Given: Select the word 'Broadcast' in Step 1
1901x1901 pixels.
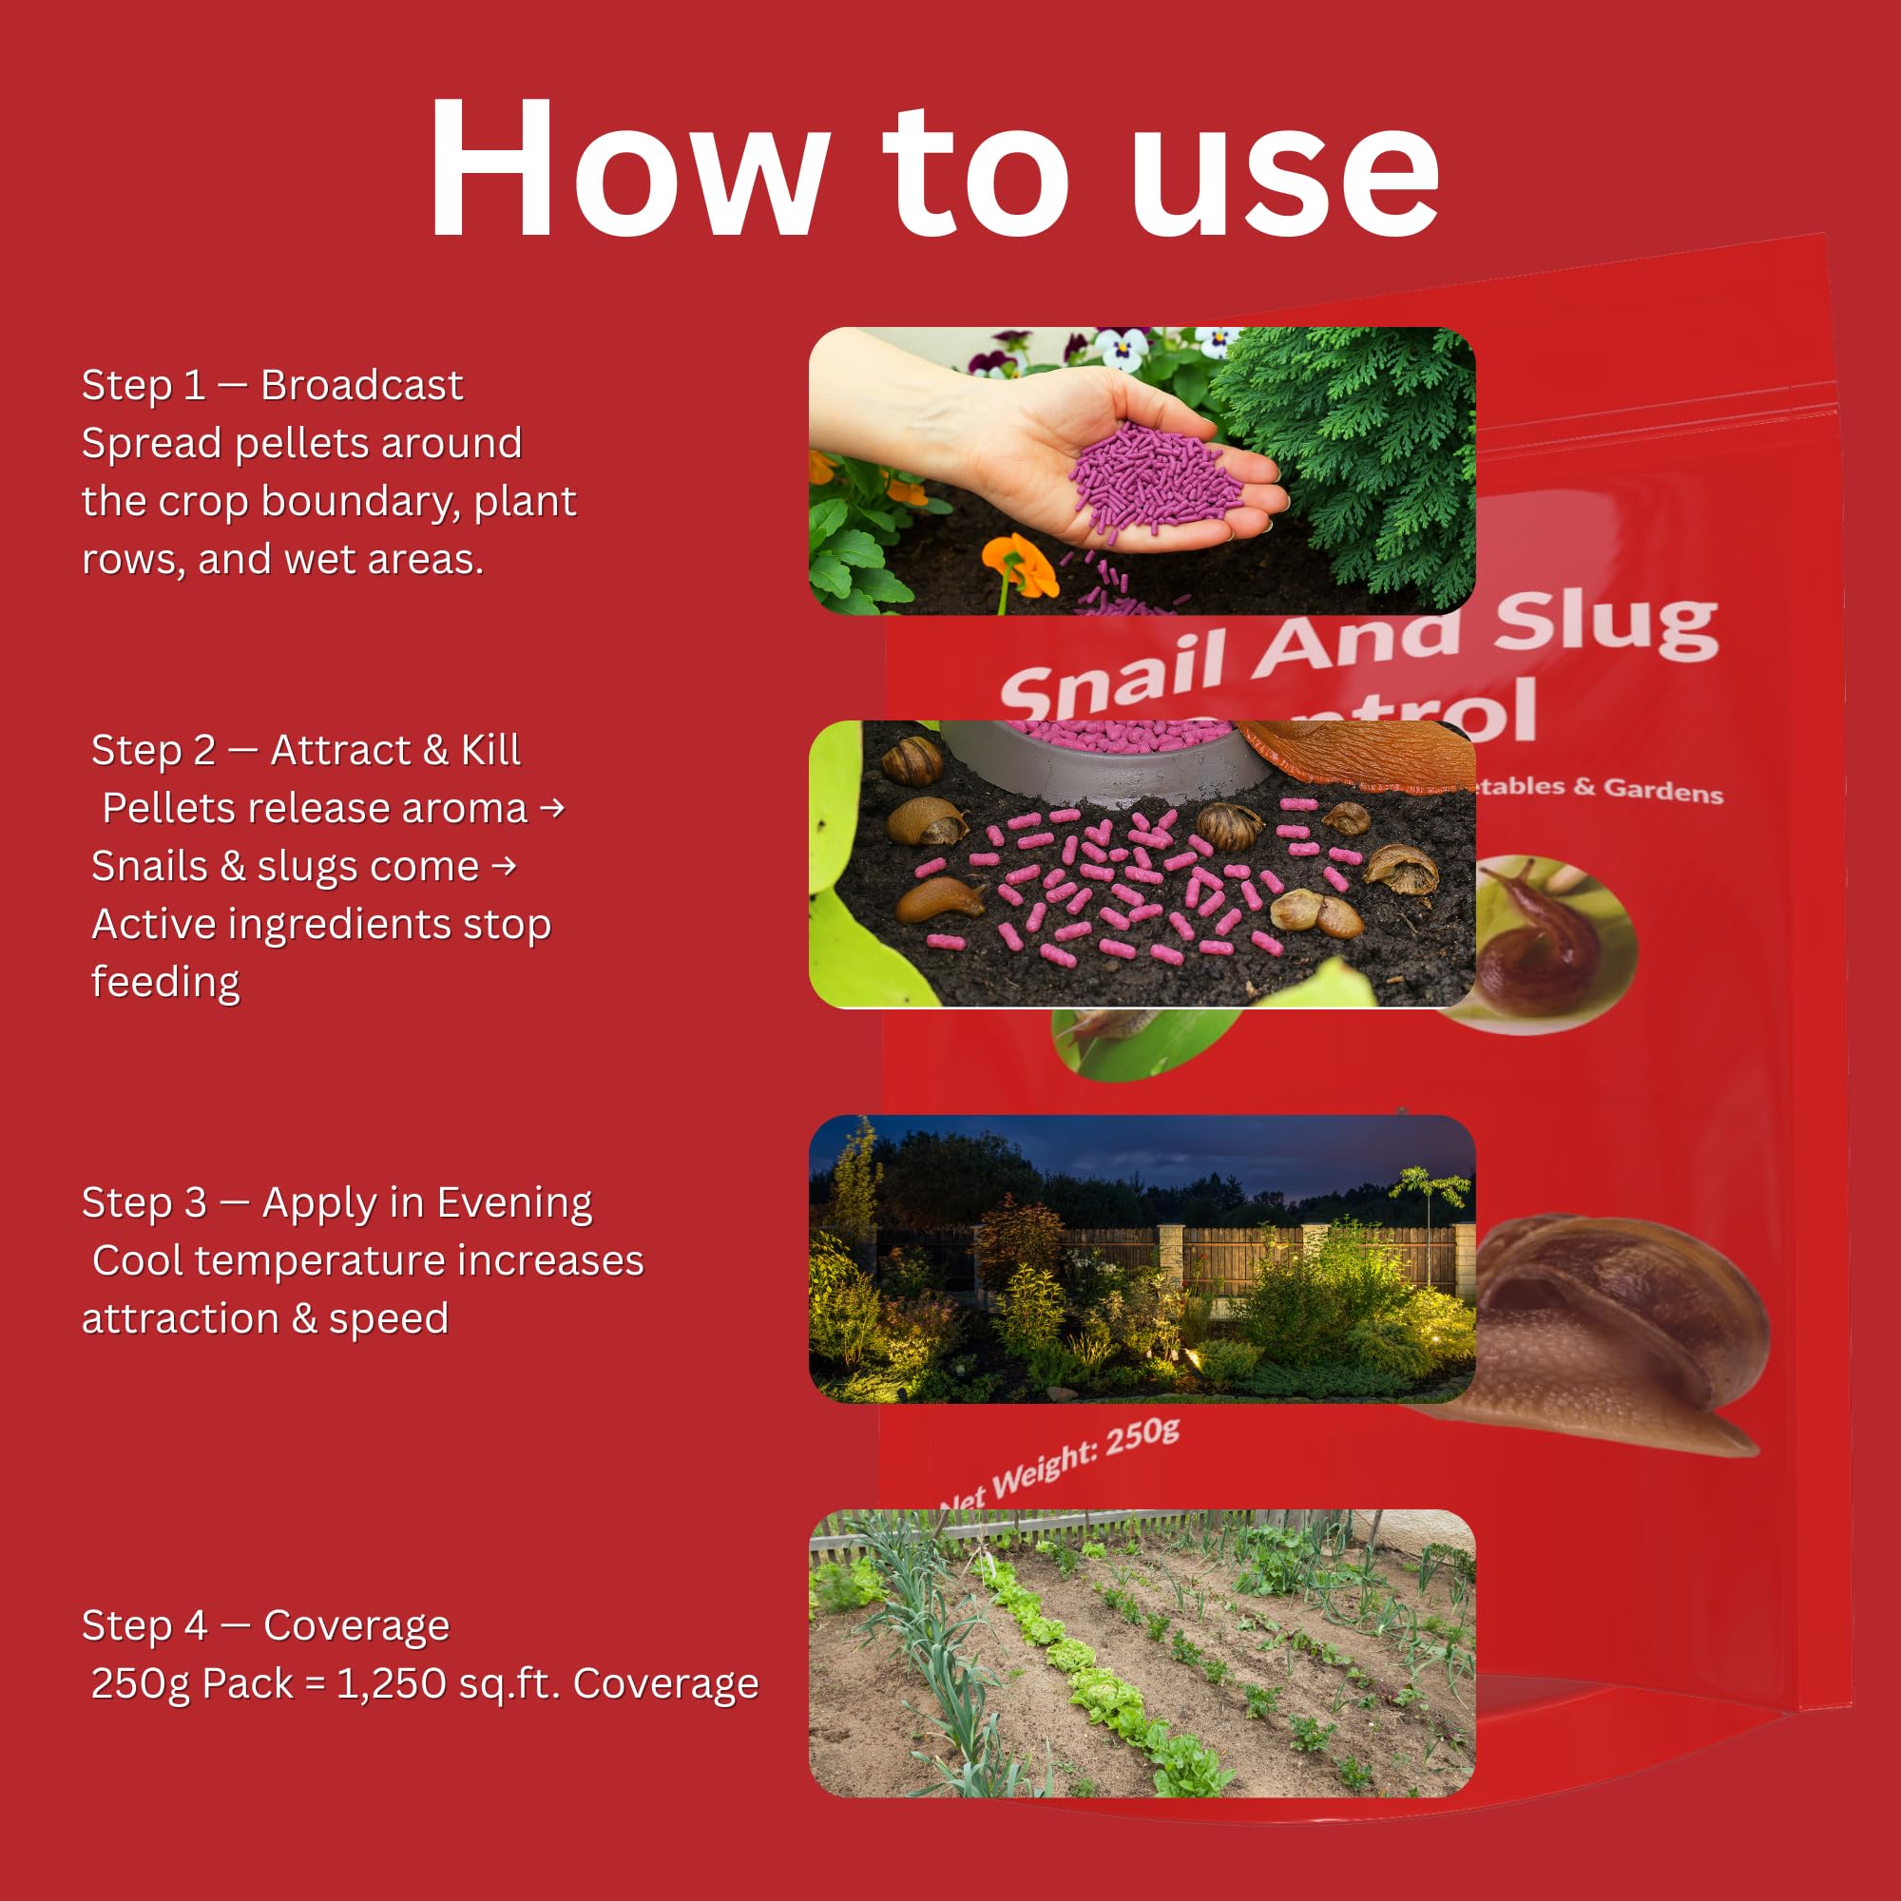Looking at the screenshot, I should [x=361, y=386].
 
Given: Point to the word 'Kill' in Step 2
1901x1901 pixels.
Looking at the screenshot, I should [x=490, y=751].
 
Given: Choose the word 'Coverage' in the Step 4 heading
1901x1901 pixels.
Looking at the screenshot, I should [x=356, y=1626].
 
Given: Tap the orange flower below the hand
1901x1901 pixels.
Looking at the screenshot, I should [x=1020, y=566].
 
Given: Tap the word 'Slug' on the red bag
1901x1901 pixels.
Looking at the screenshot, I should [x=1605, y=627].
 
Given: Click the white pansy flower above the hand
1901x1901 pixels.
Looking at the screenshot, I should [x=1122, y=346].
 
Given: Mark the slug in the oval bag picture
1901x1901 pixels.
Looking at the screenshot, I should [x=1540, y=940].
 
